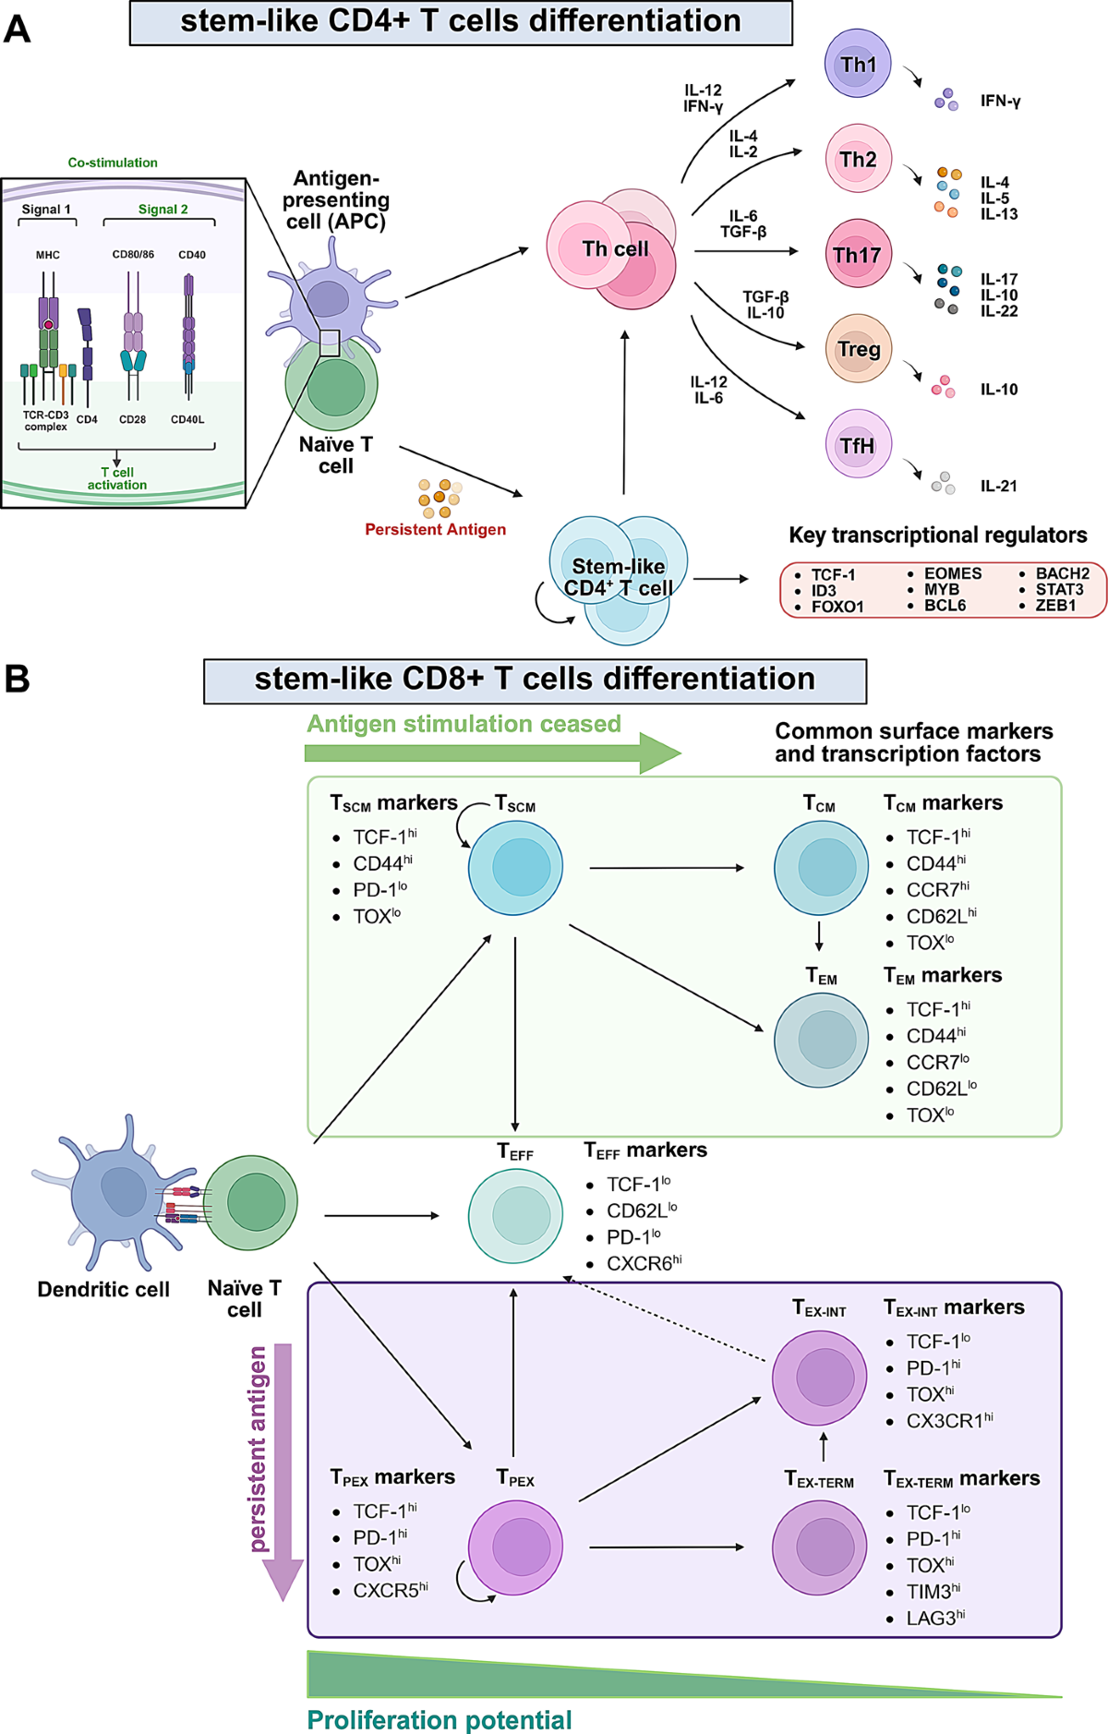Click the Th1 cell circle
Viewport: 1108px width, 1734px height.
[857, 63]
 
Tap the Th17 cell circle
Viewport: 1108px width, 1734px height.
[857, 254]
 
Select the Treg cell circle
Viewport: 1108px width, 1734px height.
[858, 349]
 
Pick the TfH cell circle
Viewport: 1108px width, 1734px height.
[858, 445]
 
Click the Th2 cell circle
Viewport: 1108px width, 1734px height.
[858, 159]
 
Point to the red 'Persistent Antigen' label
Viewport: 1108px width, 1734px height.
[435, 529]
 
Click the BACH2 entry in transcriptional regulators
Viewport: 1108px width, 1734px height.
[1062, 573]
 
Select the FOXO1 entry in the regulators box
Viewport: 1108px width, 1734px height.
[837, 607]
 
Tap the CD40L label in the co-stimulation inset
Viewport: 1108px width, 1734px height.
[187, 419]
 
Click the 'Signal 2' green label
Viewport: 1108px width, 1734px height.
[163, 210]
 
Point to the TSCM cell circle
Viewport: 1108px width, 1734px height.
[515, 867]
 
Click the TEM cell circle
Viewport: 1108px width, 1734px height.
[821, 1040]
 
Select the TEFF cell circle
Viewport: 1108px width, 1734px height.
[515, 1215]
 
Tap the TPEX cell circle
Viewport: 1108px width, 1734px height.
[515, 1547]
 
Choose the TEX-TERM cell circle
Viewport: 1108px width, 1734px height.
[819, 1547]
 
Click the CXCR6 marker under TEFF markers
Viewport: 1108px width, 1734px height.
[644, 1263]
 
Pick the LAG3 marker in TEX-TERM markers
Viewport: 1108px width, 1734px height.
[934, 1618]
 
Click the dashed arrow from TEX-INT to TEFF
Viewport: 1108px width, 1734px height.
[665, 1320]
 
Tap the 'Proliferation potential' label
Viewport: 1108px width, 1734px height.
[440, 1720]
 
